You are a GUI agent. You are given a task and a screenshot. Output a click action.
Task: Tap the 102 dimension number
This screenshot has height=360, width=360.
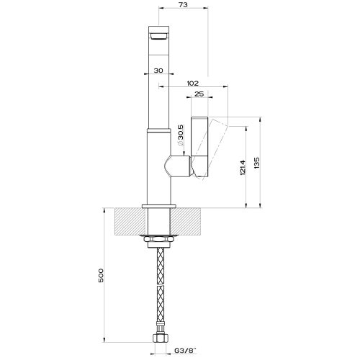[192, 84]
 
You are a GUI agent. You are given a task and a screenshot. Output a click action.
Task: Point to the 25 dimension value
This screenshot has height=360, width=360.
[198, 94]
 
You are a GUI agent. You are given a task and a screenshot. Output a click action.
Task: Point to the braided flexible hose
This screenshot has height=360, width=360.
[158, 288]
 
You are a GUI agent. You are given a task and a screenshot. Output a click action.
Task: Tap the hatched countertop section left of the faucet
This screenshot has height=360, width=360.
[128, 221]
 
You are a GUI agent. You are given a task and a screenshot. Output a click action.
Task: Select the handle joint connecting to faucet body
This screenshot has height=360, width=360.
[177, 168]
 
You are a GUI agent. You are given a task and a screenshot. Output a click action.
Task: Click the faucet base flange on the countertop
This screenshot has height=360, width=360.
[158, 207]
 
